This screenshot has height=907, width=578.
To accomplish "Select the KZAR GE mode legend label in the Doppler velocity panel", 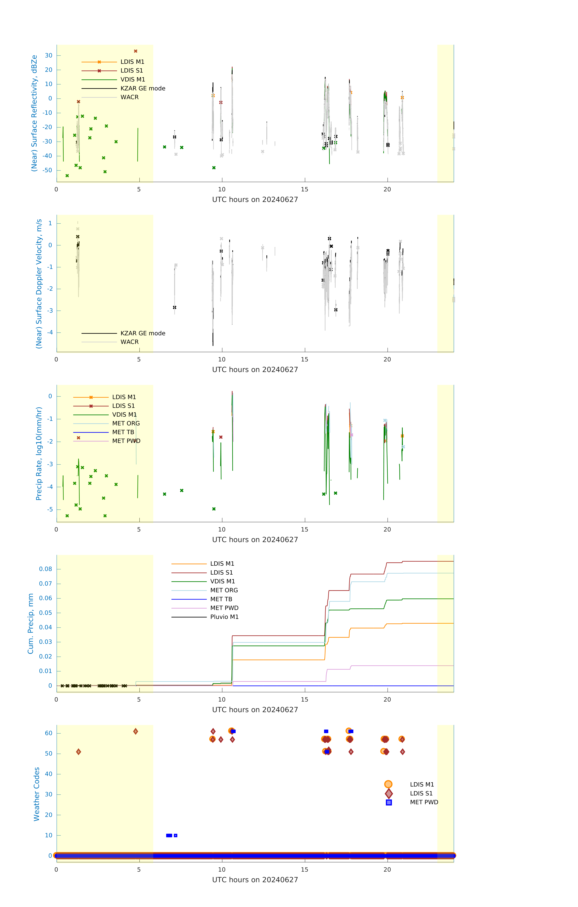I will coord(143,333).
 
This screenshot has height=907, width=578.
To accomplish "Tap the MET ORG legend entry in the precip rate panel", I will coord(126,423).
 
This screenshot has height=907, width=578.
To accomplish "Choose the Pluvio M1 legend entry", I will coord(224,617).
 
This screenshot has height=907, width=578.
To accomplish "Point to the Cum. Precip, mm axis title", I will coord(31,624).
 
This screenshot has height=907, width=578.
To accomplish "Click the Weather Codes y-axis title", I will coord(37,794).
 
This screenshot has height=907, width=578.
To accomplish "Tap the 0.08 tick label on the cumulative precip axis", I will coord(46,569).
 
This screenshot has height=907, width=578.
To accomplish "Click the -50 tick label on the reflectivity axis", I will coord(47,170).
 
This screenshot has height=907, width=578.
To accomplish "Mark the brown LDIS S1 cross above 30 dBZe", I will coord(136,51).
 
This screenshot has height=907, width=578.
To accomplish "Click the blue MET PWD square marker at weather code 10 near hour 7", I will coord(175,835).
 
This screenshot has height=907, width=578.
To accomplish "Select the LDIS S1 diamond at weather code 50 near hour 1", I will coord(78,752).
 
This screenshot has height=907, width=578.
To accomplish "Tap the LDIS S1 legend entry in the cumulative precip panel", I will coord(221,572).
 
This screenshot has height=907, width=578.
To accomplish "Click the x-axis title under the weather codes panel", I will coord(255,880).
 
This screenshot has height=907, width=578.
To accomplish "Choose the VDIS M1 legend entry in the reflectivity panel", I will coord(133,80).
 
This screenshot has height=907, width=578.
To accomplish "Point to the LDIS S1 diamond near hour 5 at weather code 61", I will coord(136,731).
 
